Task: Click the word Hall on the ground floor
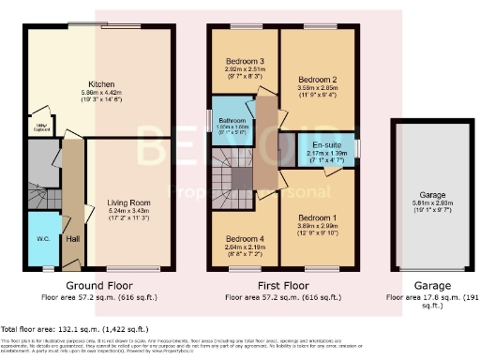[73, 239]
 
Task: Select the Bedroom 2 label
[316, 80]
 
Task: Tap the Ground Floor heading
[97, 285]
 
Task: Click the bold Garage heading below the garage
[420, 285]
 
